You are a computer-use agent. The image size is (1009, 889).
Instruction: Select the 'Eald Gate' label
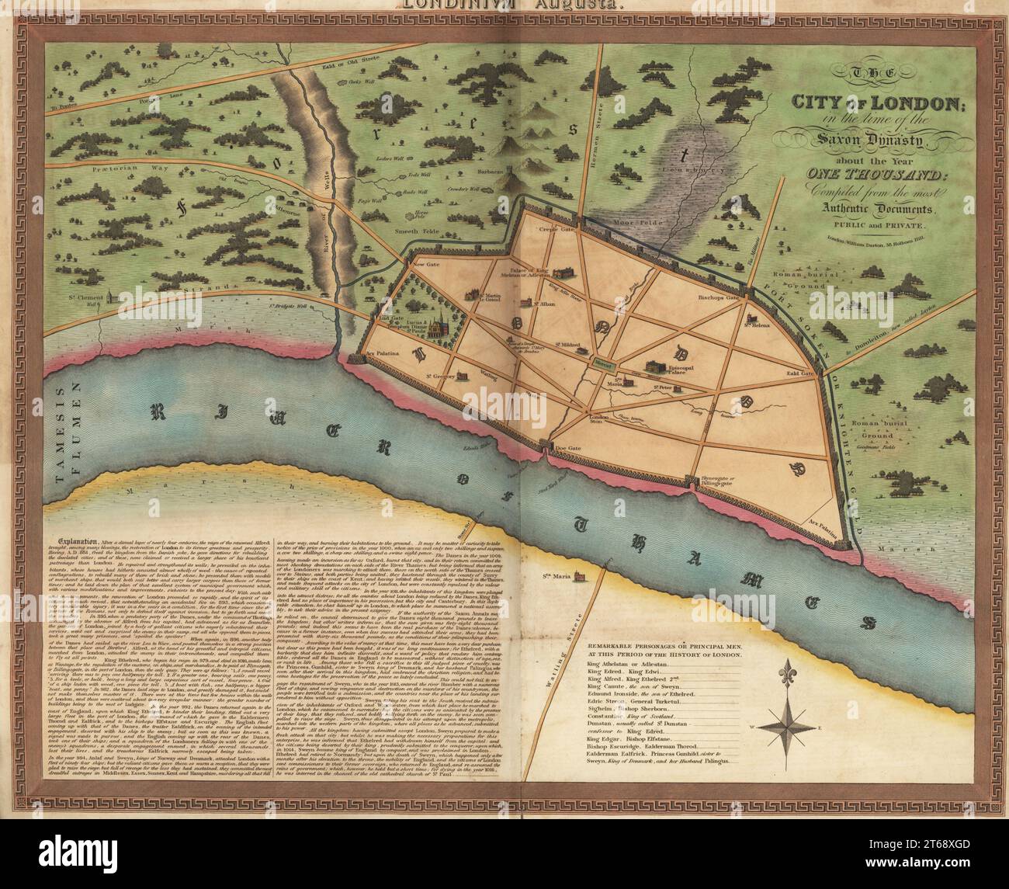[x=798, y=373]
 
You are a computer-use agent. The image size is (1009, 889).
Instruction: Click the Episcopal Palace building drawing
[x=656, y=366]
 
